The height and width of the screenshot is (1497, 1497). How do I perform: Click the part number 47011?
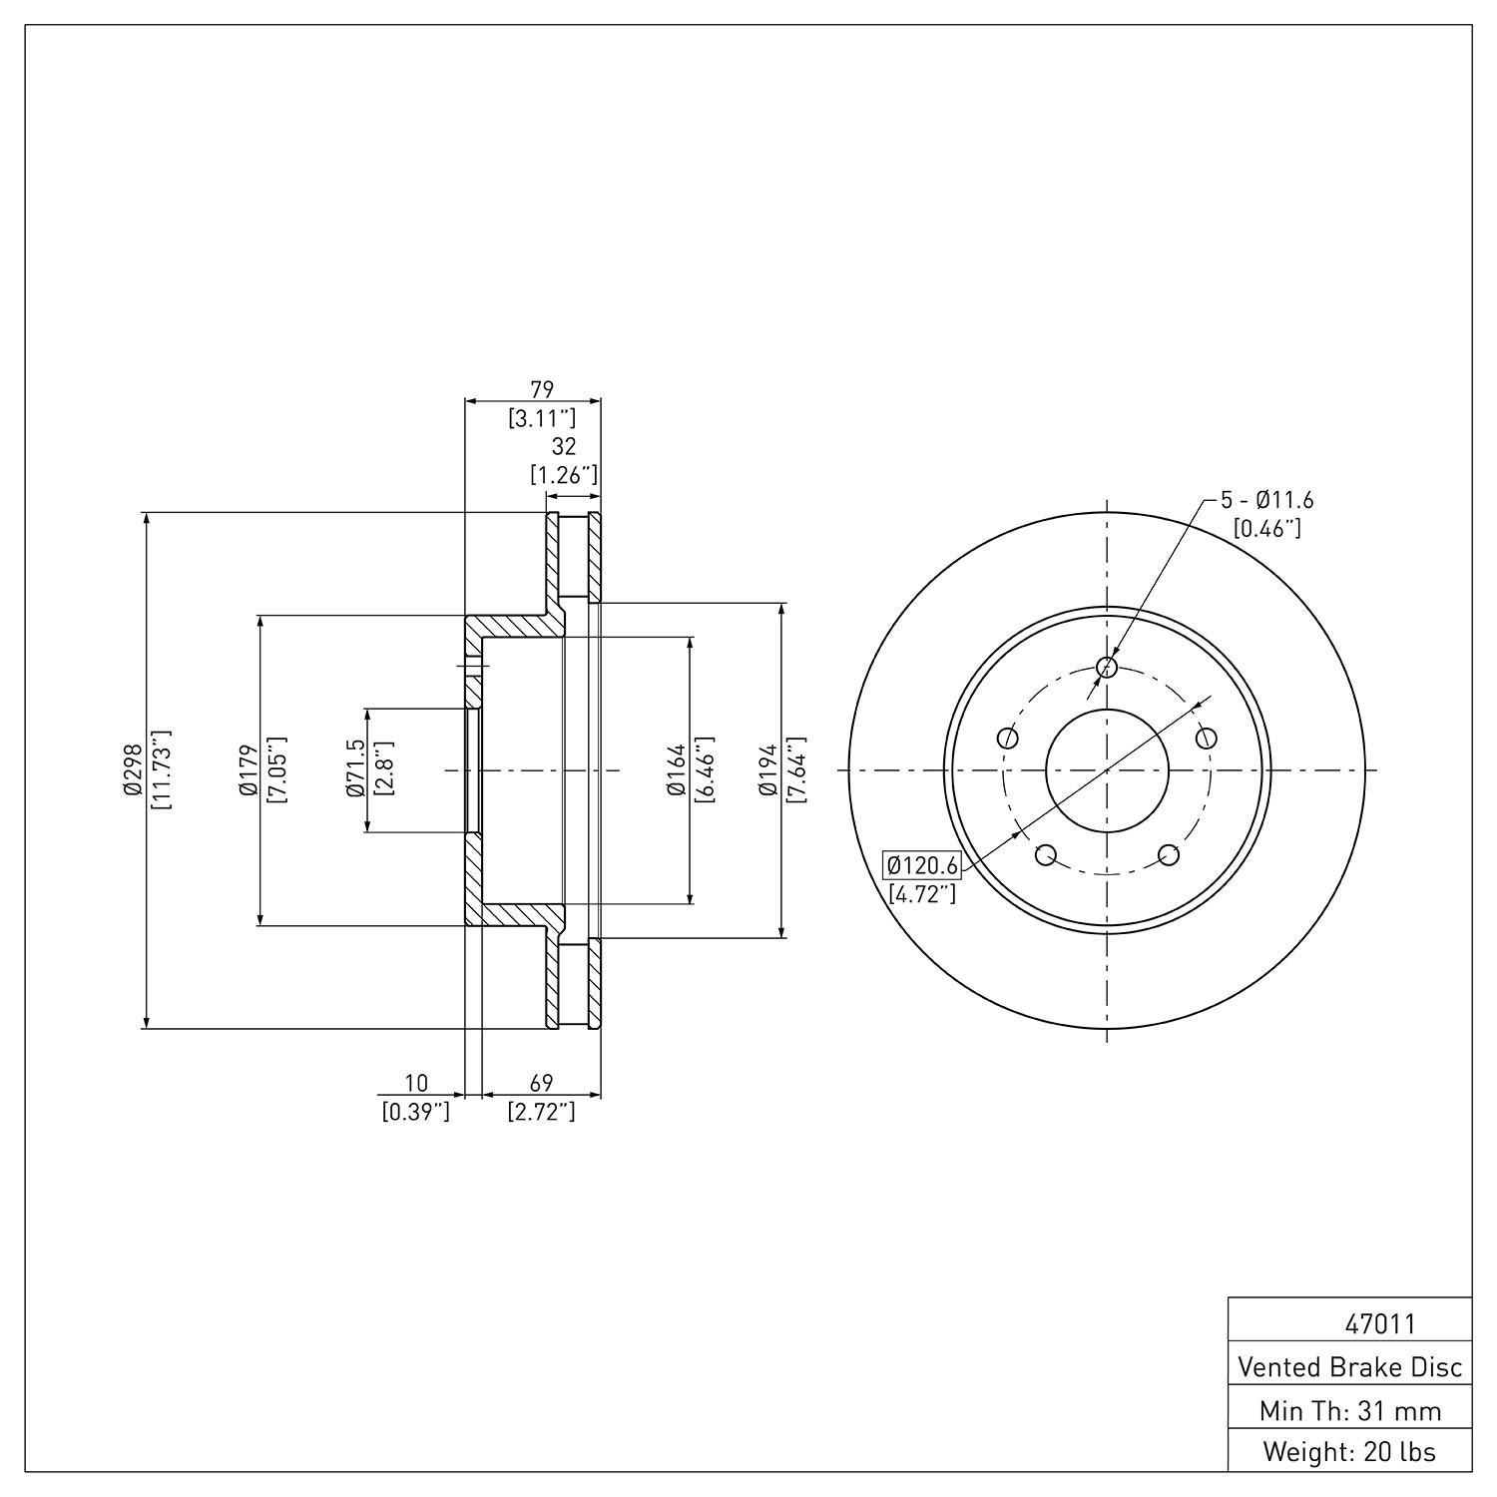tap(1379, 1324)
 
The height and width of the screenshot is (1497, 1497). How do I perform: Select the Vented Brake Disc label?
tap(1350, 1366)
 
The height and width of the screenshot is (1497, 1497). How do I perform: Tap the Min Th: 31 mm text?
tap(1350, 1410)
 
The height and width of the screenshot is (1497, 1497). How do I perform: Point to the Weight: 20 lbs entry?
tap(1350, 1451)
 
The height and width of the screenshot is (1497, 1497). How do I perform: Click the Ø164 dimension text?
tap(677, 770)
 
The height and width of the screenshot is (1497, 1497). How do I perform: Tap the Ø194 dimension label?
tap(767, 770)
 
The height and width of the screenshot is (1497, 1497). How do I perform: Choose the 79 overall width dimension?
tap(541, 388)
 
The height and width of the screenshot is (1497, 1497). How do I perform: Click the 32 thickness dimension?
tap(564, 446)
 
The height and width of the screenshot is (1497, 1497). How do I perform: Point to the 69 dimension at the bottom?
tap(541, 1083)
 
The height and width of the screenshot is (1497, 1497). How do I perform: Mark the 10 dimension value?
tap(416, 1083)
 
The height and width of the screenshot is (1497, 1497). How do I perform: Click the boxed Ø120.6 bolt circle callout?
tap(922, 864)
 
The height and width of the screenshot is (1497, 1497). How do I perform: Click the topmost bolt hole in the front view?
tap(1107, 667)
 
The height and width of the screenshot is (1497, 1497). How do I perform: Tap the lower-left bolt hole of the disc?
tap(1046, 855)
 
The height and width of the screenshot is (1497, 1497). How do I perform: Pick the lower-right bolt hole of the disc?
tap(1169, 855)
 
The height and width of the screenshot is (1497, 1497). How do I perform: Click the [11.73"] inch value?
tap(160, 769)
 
